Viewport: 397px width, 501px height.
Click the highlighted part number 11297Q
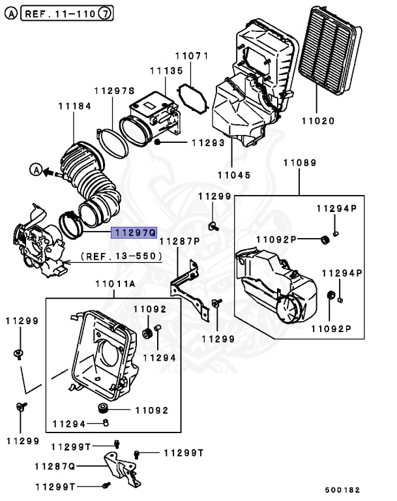point(134,232)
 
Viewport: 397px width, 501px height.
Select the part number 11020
point(317,121)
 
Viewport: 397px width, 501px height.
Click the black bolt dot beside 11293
point(158,142)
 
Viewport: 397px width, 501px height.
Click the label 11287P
point(180,241)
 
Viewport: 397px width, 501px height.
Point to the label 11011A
point(115,284)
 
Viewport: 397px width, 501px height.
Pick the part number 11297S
point(114,91)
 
